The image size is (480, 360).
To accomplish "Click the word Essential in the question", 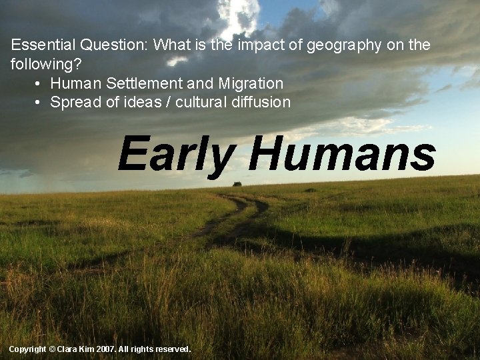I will click(x=43, y=45).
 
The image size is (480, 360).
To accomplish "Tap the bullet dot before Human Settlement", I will click(x=37, y=84).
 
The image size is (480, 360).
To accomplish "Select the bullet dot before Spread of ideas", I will click(x=37, y=103).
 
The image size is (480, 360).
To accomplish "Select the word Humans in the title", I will click(x=342, y=153).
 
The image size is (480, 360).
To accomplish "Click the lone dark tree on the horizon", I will click(x=237, y=183).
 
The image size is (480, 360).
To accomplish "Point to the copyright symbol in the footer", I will click(x=52, y=349).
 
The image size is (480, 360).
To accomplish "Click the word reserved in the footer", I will click(x=173, y=349).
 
